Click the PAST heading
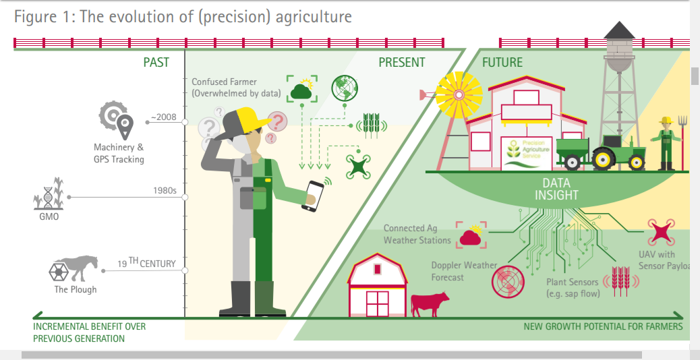pos(156,63)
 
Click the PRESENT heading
pos(401,63)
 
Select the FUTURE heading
pos(502,63)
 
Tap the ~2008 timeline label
pos(163,117)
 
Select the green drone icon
pos(359,166)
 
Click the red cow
pos(430,303)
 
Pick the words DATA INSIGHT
pos(556,189)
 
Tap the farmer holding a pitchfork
pos(668,143)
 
